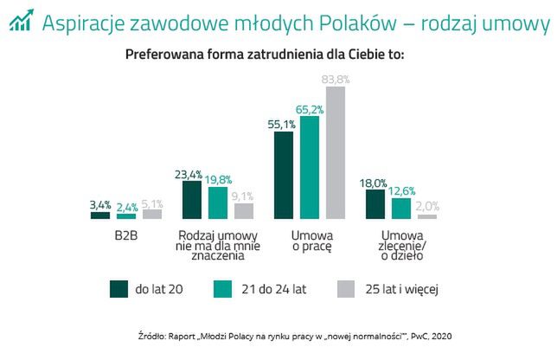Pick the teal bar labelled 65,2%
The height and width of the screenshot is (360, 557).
click(x=309, y=167)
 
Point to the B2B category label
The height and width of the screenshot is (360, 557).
click(x=126, y=235)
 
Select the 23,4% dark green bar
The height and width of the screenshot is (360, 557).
click(x=192, y=200)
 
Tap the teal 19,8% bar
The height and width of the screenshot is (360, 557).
click(x=218, y=203)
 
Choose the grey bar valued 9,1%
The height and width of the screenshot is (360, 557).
click(x=244, y=211)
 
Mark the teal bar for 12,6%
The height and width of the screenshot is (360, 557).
click(x=400, y=209)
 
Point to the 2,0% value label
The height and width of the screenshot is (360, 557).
click(x=426, y=206)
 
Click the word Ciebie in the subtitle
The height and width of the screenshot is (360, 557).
click(x=354, y=55)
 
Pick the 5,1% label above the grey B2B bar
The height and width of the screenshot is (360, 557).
click(x=151, y=203)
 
